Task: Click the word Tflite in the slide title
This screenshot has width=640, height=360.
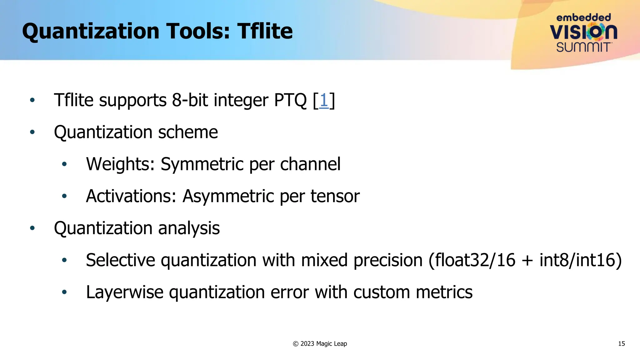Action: click(265, 31)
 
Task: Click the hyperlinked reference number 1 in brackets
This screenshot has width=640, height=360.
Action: click(324, 100)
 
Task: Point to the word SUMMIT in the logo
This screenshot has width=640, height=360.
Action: click(583, 47)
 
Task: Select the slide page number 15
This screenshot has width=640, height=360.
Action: click(621, 344)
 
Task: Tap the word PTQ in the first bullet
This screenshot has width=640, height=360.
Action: click(290, 100)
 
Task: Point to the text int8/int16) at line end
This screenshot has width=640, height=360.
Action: click(581, 260)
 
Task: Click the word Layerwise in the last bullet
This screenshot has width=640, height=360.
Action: click(125, 292)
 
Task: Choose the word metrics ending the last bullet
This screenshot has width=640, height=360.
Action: click(444, 292)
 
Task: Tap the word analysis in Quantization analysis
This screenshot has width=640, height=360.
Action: click(189, 228)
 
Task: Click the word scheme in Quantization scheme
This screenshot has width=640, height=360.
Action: click(188, 132)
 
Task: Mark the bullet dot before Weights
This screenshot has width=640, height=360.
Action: click(64, 164)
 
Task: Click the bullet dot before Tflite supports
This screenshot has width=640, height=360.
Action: click(32, 100)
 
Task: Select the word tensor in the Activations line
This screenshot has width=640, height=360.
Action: click(335, 196)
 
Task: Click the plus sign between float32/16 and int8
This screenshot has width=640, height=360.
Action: click(527, 261)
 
